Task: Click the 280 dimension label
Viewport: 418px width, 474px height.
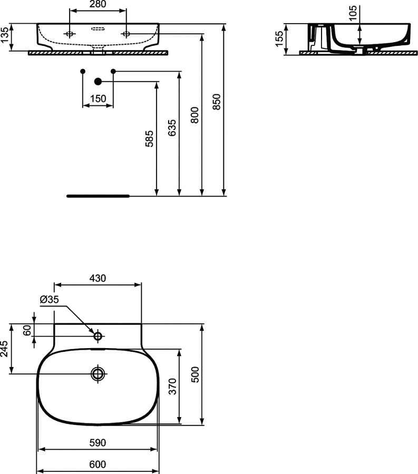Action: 98,5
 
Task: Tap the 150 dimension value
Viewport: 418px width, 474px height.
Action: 98,98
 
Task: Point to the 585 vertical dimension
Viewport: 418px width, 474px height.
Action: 149,138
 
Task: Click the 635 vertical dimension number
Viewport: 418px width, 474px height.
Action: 171,128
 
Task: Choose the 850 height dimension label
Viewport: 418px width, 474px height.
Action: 216,102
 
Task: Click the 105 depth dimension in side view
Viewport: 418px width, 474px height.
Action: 353,12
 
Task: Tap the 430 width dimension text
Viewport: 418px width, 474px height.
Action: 98,278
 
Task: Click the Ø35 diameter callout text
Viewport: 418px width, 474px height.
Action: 50,300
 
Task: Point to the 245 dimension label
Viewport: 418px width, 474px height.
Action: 5,349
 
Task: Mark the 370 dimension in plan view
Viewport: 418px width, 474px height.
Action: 172,387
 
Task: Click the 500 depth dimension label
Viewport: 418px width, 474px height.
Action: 195,374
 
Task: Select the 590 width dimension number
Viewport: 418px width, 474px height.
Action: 98,443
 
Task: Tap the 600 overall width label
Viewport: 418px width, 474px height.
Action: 98,464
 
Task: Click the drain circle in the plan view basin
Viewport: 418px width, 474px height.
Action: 98,374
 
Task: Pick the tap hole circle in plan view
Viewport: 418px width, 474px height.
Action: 98,335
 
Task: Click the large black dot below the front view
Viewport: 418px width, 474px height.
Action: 98,81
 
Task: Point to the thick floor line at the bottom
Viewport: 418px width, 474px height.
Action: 98,195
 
